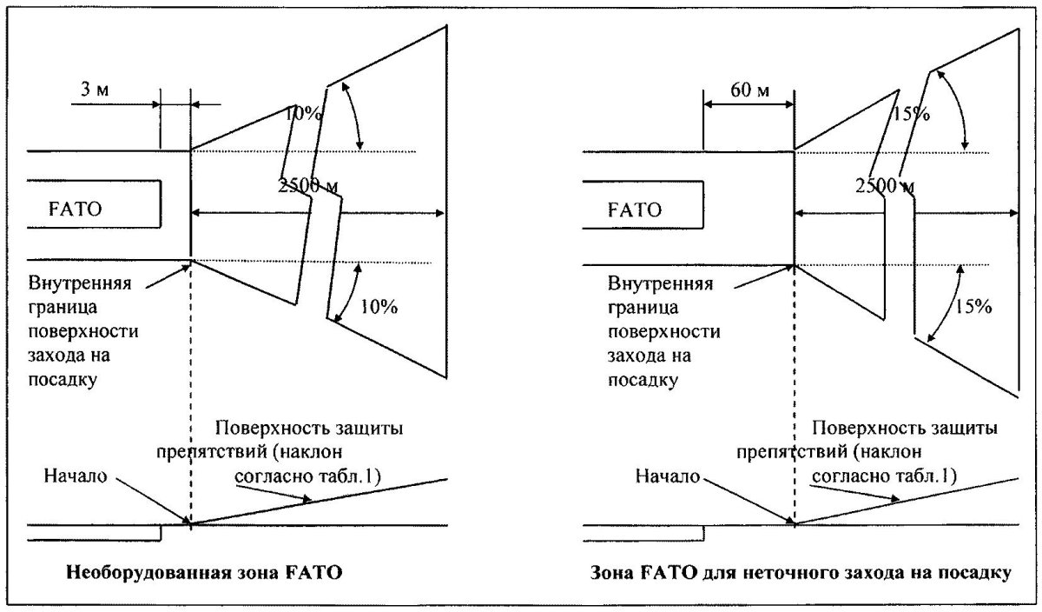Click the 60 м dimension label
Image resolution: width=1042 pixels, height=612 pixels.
[x=736, y=89]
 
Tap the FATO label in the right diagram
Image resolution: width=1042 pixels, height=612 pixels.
[x=634, y=209]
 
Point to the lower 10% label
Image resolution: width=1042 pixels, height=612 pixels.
[x=377, y=306]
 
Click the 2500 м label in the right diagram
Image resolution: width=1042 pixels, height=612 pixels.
[x=884, y=184]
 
